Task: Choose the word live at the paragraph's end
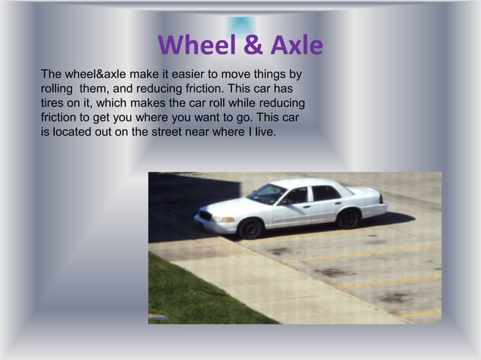[x=265, y=133]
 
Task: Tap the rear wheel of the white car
[x=348, y=218]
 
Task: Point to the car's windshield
[x=269, y=194]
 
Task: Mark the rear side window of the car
[x=326, y=193]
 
